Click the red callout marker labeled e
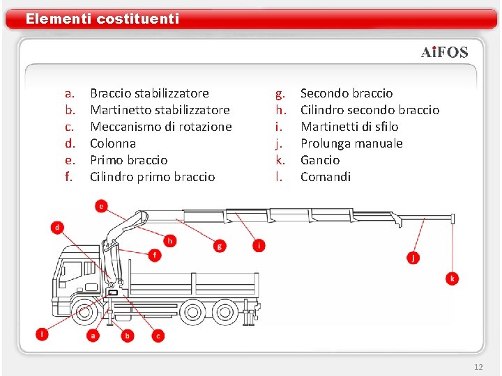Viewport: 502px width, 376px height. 102,205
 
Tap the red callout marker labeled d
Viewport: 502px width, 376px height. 57,227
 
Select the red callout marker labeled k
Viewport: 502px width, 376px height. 452,279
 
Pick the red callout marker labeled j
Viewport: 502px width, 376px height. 413,258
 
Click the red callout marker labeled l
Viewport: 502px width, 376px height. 43,334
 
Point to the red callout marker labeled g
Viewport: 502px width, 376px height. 220,245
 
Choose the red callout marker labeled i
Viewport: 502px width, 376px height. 259,245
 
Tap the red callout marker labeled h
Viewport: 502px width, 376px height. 169,241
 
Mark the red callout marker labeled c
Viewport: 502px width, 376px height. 158,336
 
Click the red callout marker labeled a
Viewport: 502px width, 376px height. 93,336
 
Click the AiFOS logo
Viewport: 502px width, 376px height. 444,52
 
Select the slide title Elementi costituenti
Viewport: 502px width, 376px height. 102,19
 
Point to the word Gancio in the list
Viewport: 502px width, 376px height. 319,159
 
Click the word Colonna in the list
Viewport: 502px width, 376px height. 113,143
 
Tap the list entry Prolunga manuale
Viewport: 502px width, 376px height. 351,143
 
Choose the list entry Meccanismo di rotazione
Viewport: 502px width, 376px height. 161,126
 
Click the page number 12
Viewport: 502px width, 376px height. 478,366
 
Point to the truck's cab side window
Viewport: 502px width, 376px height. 70,269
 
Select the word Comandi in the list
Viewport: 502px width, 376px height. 326,176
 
